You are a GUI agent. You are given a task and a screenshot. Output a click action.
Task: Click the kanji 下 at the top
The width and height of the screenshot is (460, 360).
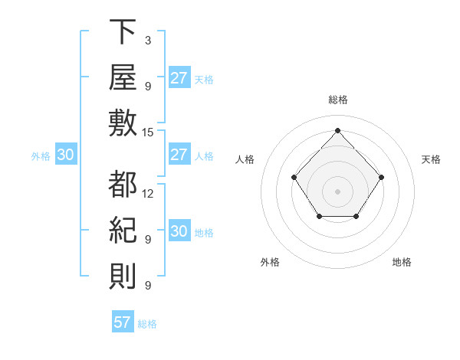(123, 31)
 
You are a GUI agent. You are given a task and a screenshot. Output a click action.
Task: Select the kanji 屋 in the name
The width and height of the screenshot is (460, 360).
(123, 77)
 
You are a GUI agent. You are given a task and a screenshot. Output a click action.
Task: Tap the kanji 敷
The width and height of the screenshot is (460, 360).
(123, 123)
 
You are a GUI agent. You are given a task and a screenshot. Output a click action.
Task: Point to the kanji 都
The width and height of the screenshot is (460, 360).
(123, 184)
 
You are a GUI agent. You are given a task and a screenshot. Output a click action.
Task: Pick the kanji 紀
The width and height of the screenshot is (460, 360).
(123, 230)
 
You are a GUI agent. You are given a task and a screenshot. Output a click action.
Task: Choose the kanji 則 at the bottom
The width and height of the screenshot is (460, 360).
(123, 276)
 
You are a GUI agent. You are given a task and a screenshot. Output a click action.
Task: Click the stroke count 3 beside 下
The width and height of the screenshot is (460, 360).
(148, 41)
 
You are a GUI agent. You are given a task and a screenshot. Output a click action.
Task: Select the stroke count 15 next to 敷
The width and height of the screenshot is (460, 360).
(147, 133)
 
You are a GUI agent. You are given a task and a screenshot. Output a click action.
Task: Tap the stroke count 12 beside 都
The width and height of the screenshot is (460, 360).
(147, 194)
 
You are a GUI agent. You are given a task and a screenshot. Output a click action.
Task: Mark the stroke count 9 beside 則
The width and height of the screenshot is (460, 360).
(148, 285)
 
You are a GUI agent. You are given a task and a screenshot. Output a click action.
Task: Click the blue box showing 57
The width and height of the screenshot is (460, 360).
(123, 321)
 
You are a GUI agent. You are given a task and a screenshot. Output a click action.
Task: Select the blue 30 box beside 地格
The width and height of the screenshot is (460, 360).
(180, 230)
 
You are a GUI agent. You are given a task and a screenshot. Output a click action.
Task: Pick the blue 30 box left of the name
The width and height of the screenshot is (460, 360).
(66, 154)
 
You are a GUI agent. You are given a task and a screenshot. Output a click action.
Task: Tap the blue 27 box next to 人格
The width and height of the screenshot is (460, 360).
(180, 154)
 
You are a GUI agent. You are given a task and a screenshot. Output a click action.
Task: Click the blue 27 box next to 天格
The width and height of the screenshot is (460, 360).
(180, 77)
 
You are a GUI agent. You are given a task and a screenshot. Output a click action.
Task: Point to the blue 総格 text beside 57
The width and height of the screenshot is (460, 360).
(147, 324)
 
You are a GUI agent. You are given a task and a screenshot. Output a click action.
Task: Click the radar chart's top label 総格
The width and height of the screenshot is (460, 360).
(338, 100)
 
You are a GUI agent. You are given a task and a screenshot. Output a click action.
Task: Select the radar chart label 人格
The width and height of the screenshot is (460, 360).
(245, 159)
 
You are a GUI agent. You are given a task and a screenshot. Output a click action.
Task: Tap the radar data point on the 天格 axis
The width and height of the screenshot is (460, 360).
(381, 178)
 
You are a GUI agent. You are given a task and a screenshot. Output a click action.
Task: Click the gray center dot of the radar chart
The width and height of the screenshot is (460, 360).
(337, 191)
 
